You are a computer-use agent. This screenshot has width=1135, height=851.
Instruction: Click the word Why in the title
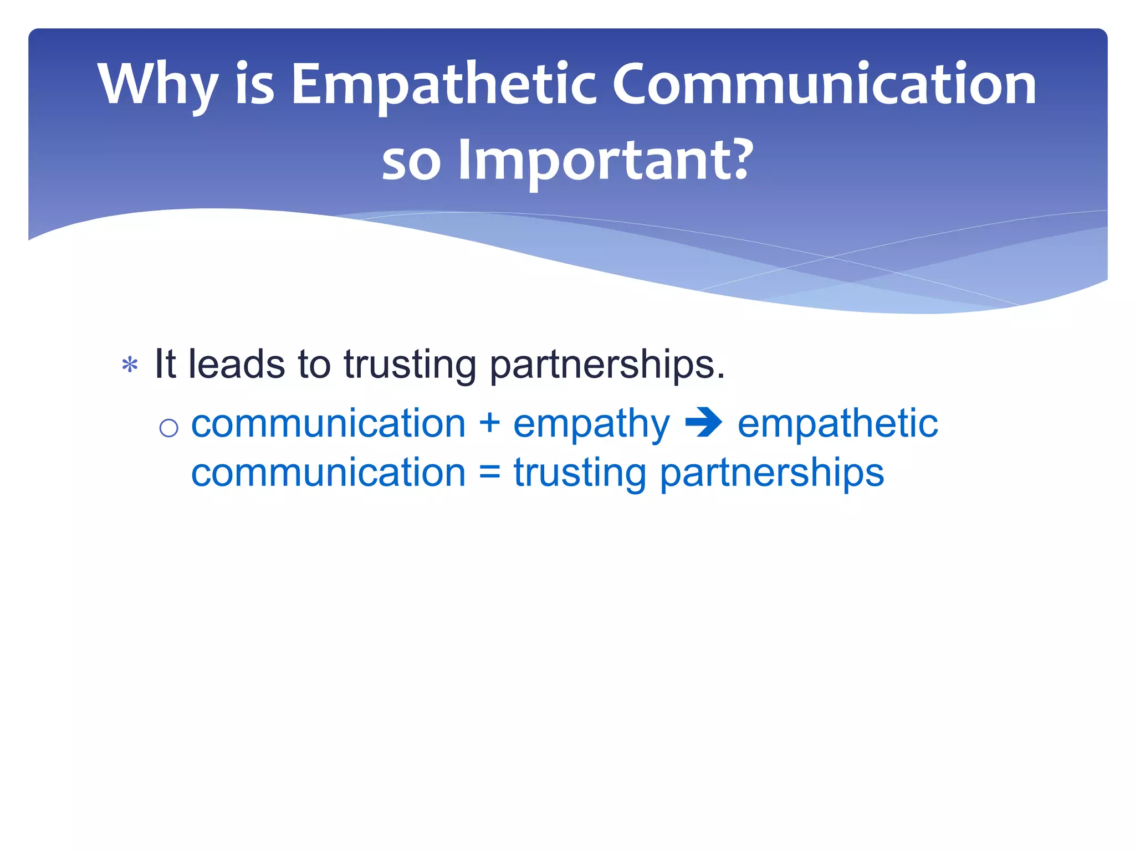click(x=157, y=84)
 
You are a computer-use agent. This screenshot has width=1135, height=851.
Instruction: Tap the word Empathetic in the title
click(x=443, y=84)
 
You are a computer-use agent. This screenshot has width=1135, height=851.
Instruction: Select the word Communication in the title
click(x=824, y=84)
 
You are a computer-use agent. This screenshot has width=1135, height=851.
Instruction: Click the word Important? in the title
click(x=606, y=160)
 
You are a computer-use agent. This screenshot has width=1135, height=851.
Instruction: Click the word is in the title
click(x=255, y=84)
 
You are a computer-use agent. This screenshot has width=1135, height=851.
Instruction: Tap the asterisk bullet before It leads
click(x=130, y=366)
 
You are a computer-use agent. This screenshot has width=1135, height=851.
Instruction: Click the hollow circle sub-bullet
click(x=168, y=428)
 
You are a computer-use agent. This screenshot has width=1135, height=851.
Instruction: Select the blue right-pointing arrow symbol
click(x=703, y=423)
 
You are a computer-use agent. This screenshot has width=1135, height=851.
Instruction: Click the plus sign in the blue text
click(x=490, y=423)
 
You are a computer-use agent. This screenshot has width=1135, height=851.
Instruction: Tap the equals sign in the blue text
click(x=490, y=473)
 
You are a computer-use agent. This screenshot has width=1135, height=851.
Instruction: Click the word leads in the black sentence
click(x=237, y=364)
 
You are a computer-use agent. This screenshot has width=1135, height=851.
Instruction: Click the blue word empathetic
click(x=837, y=423)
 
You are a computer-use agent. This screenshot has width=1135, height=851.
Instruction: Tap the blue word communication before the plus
click(x=328, y=423)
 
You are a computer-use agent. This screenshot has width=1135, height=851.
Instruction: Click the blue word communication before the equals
click(x=328, y=473)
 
